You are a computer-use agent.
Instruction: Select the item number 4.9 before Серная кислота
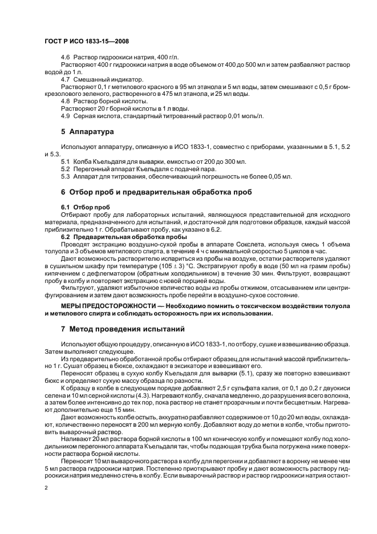(65, 116)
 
